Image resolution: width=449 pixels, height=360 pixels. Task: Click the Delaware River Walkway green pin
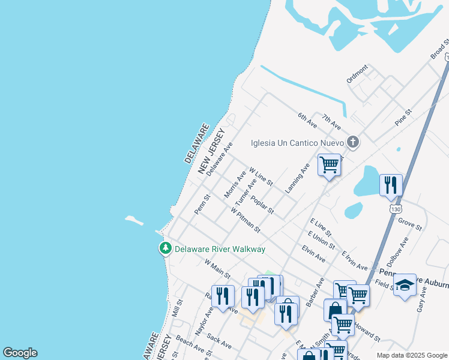[165, 248]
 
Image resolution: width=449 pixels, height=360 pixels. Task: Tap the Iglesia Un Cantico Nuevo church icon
[353, 142]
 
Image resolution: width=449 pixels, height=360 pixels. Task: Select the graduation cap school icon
[405, 285]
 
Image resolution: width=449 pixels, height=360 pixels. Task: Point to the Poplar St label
[262, 205]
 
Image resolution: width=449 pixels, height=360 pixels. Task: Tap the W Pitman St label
[246, 220]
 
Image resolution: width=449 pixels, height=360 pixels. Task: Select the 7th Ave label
[331, 122]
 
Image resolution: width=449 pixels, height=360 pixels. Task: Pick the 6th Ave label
[307, 119]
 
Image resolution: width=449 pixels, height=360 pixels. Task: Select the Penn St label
[203, 204]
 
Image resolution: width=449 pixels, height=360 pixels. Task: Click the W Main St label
[217, 268]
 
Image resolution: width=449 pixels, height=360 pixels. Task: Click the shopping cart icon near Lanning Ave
[329, 164]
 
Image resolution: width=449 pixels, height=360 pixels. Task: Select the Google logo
[20, 353]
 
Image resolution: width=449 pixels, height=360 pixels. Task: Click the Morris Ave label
[235, 184]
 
